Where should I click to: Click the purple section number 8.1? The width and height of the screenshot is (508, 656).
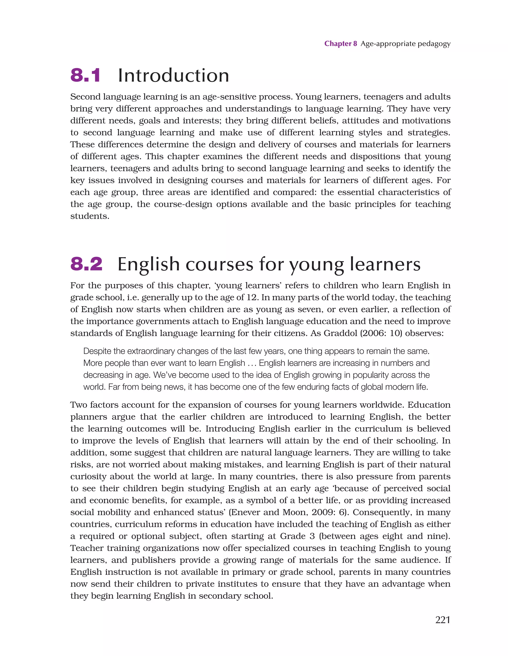click(85, 75)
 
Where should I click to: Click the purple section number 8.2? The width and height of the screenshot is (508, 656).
click(86, 264)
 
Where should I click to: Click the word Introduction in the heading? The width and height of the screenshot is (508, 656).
click(173, 75)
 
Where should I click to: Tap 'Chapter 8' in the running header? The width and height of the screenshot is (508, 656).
click(340, 44)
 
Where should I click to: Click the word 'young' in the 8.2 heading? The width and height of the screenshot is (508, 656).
click(317, 265)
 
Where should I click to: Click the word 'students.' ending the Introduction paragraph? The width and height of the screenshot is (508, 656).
click(90, 216)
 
